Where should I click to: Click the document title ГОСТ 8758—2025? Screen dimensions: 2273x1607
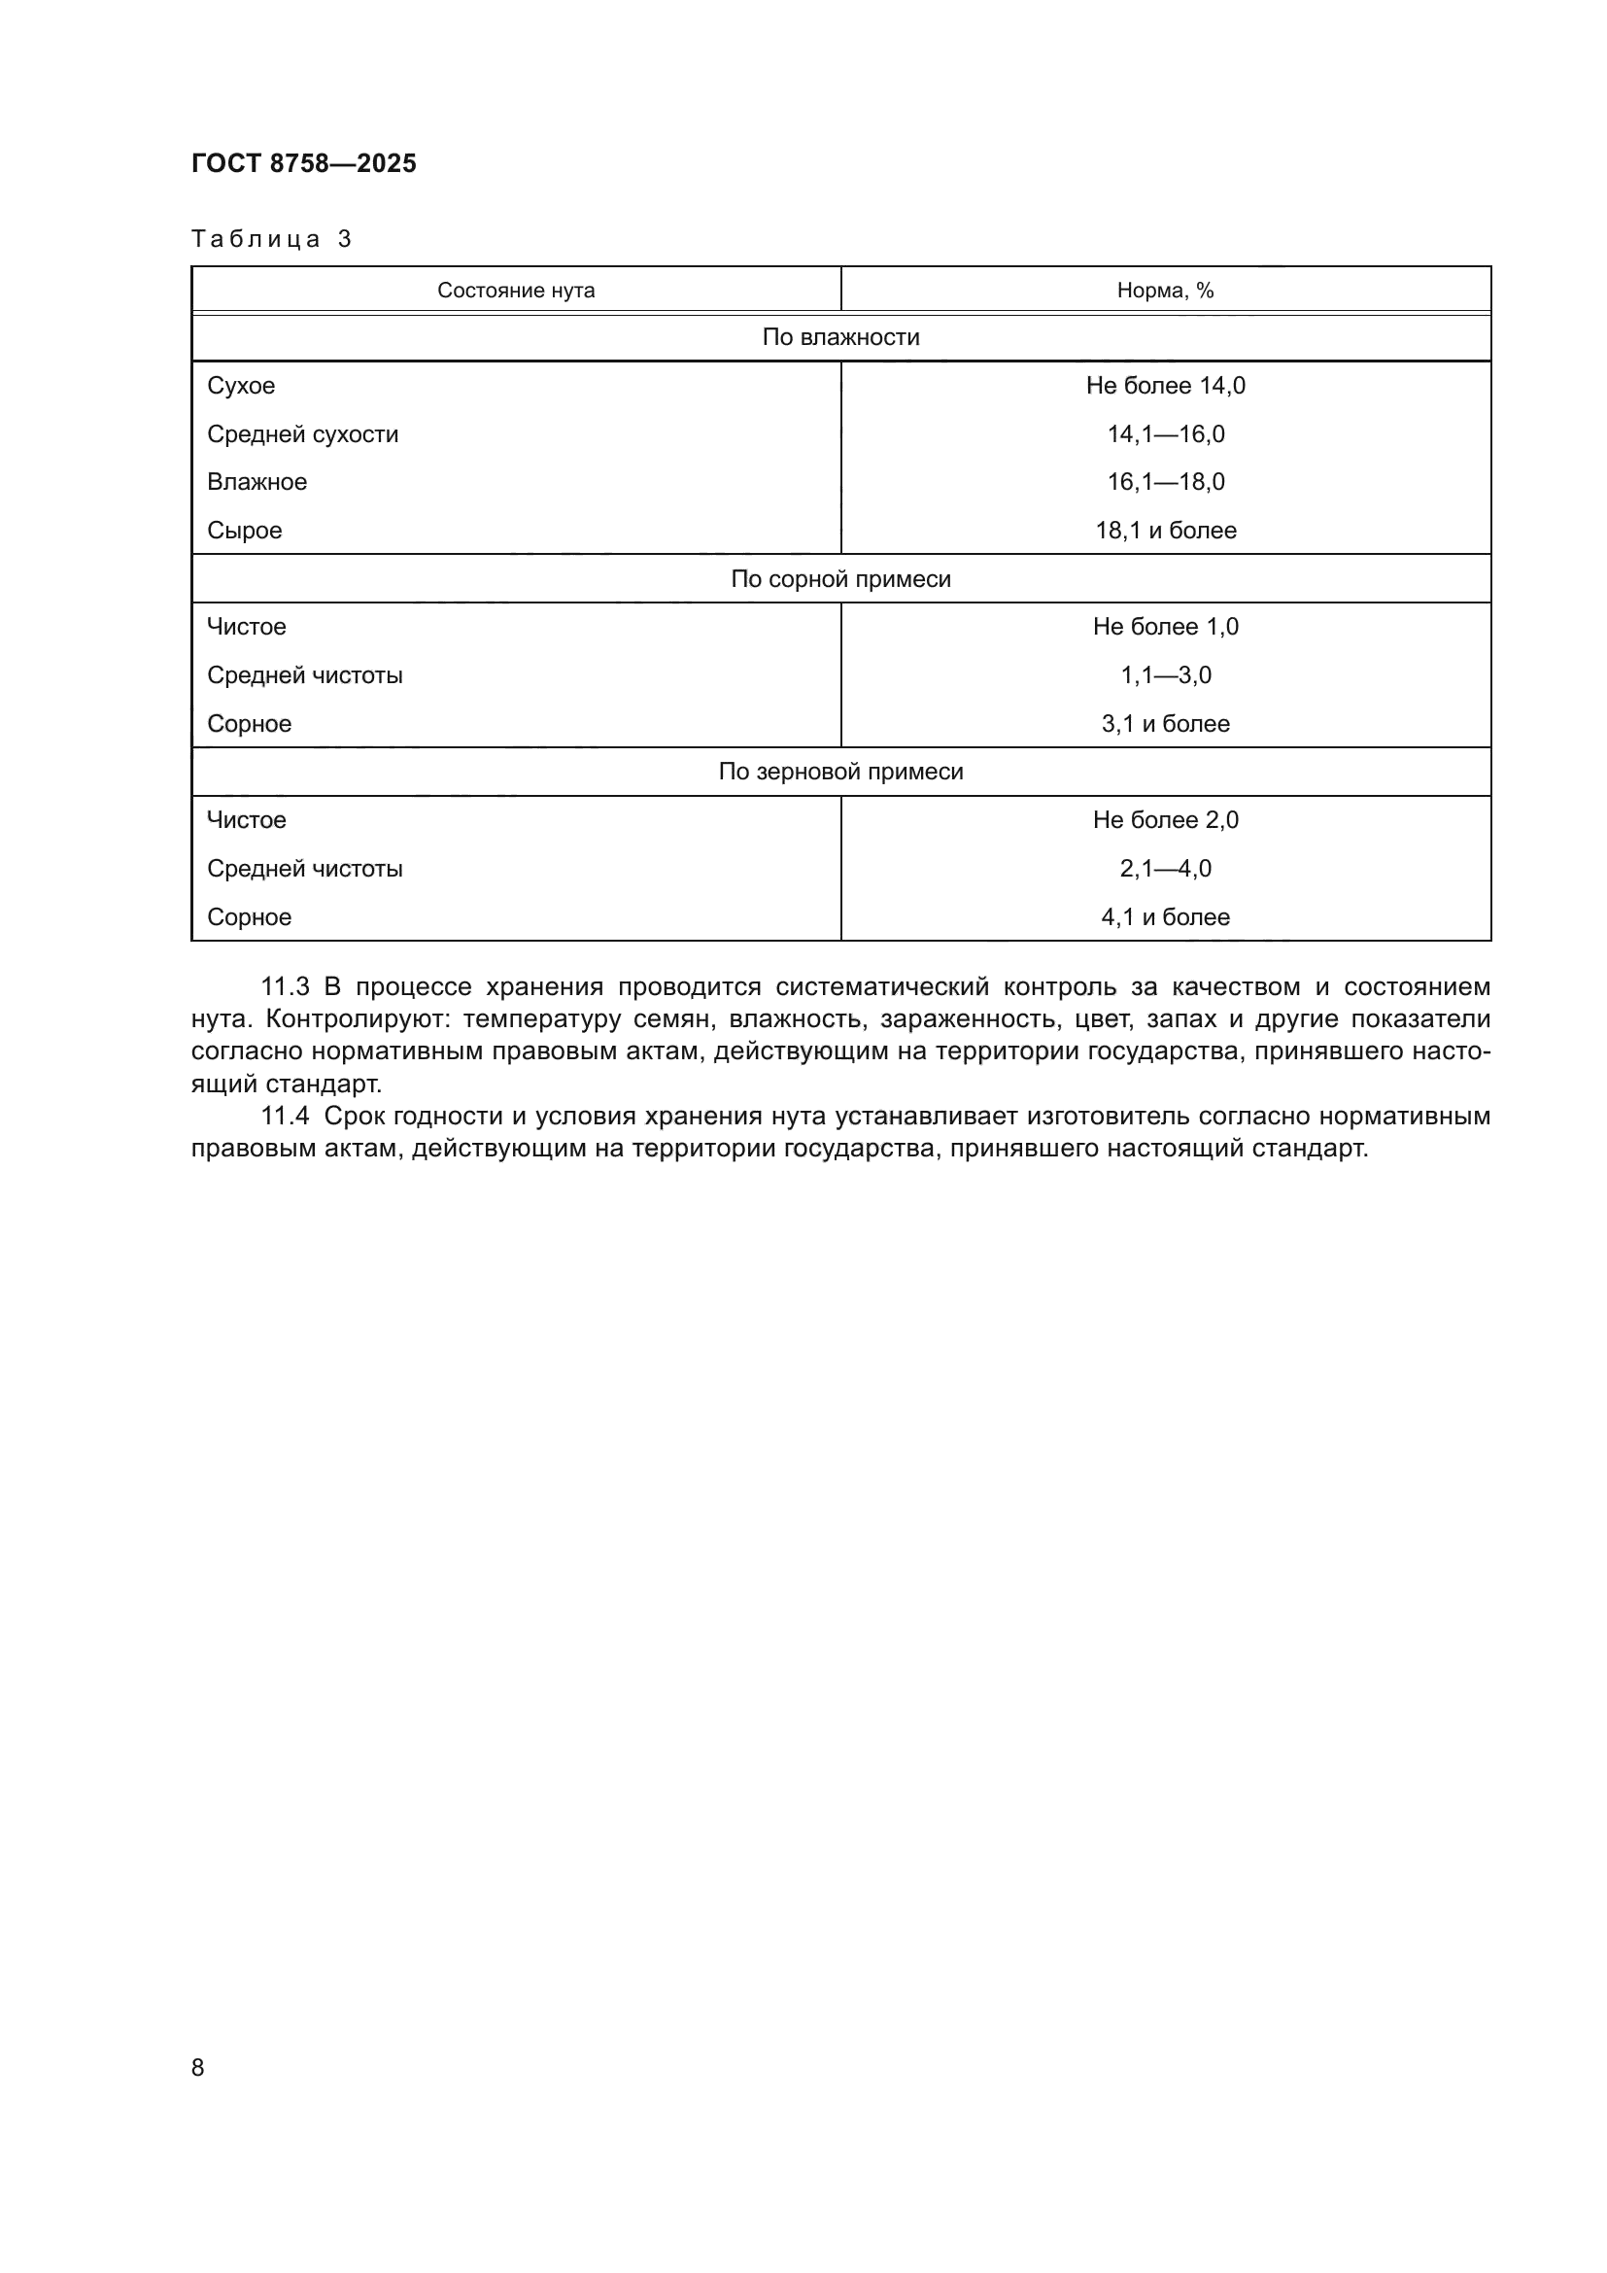point(304,163)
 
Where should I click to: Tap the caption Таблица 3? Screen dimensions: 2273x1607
point(271,239)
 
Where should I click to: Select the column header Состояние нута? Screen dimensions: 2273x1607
point(516,290)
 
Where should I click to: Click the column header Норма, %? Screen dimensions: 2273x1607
point(1165,290)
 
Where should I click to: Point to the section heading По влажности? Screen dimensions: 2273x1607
point(840,337)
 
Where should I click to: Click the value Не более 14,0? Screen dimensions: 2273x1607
point(1165,385)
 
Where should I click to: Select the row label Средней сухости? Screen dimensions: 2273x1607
point(302,433)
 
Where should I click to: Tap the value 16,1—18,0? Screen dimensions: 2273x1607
point(1165,482)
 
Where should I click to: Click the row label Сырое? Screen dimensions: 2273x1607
point(245,531)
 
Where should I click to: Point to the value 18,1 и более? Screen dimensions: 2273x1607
point(1165,531)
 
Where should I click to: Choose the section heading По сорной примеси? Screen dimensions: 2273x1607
point(840,579)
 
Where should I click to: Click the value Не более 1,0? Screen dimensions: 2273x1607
point(1165,627)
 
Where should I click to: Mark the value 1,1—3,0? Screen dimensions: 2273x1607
point(1165,675)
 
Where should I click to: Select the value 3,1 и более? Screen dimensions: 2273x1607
point(1165,724)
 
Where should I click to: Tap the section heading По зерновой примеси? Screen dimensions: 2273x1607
point(840,772)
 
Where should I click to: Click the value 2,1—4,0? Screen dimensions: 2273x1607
point(1165,868)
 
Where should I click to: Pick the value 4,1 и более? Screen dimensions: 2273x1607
point(1165,916)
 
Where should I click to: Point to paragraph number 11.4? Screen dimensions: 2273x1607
point(285,1117)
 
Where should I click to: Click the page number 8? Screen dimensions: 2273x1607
point(198,2068)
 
